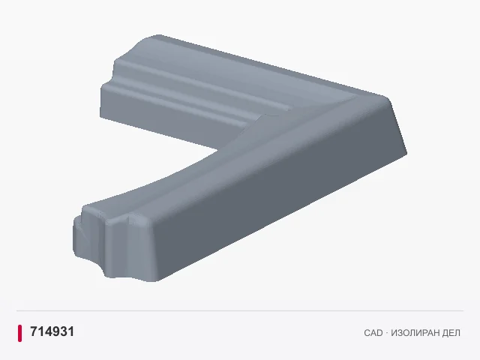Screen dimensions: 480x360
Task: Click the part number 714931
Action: pos(52,331)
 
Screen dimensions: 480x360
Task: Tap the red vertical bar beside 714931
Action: pos(20,333)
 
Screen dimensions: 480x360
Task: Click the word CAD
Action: pos(373,333)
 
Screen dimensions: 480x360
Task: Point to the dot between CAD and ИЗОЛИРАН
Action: pos(387,333)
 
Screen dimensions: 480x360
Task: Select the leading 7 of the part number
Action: pos(33,331)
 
